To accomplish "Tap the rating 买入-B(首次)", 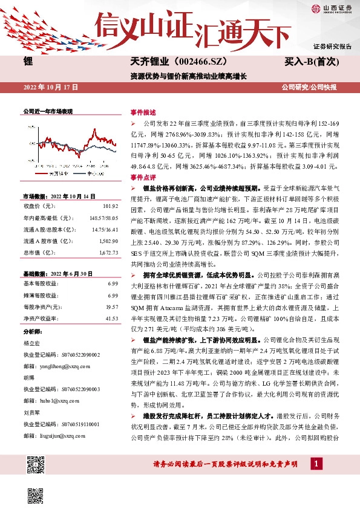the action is (x=310, y=62).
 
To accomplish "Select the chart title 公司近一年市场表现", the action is (x=47, y=112).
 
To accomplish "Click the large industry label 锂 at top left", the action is (x=28, y=62).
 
